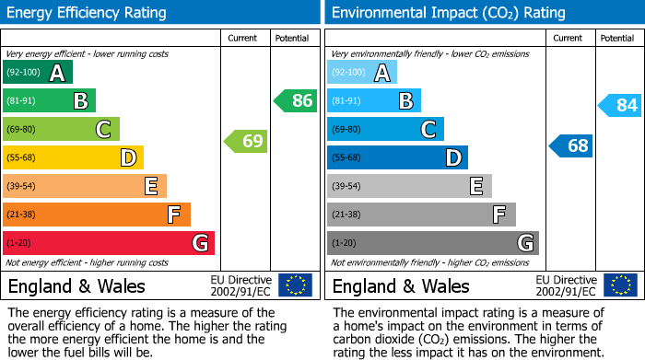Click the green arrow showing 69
click(245, 141)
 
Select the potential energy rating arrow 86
click(295, 100)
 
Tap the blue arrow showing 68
click(570, 145)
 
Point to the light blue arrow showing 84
click(619, 105)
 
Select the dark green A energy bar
click(37, 73)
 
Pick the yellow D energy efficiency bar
click(73, 157)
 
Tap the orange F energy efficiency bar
click(97, 215)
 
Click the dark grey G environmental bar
click(432, 243)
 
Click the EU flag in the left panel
click(295, 285)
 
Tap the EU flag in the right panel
click(619, 285)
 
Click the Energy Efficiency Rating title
click(88, 13)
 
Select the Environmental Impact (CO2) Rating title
click(448, 13)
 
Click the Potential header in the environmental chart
click(616, 38)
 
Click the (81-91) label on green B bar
click(23, 101)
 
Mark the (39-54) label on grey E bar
click(347, 187)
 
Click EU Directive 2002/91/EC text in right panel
click(565, 285)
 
